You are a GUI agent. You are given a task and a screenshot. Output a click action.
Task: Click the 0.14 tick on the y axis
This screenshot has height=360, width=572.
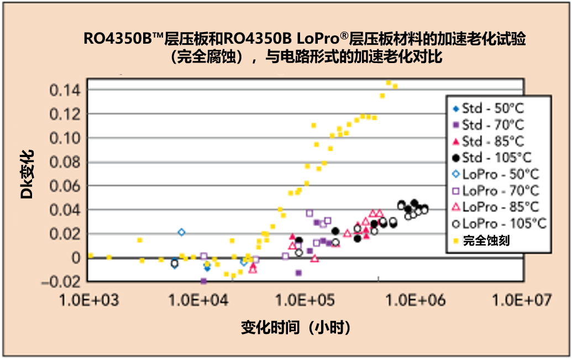click(64, 90)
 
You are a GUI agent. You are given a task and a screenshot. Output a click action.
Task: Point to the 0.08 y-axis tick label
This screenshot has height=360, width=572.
click(64, 162)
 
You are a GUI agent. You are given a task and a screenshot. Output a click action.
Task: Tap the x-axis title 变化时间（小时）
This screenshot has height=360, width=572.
click(296, 327)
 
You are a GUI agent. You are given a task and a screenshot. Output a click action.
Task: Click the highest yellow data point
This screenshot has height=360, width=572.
click(389, 83)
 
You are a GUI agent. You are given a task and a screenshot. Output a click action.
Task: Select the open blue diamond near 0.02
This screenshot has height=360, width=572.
click(181, 232)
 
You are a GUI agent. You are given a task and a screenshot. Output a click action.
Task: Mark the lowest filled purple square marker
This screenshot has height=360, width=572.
click(203, 281)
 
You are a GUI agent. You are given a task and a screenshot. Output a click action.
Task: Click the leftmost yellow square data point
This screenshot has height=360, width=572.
click(91, 255)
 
